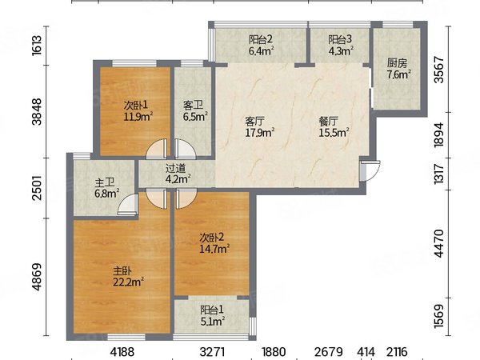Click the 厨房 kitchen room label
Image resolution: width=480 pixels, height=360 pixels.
[x=397, y=63]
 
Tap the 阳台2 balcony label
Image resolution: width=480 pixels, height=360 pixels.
[x=261, y=39]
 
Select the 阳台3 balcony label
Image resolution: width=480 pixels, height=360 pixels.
[x=340, y=39]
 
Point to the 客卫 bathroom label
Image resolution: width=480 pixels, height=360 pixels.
[x=193, y=106]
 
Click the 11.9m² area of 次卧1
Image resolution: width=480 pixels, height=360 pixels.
[x=138, y=117]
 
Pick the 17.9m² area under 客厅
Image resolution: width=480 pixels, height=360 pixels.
[x=260, y=133]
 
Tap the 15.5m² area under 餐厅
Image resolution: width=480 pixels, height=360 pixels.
[x=334, y=133]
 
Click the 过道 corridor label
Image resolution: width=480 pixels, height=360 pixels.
[x=176, y=168]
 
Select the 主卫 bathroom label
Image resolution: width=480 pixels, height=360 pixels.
[x=104, y=182]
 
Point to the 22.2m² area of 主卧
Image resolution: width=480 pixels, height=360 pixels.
[x=129, y=282]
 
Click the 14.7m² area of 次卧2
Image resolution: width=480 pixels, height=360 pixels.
[x=214, y=249]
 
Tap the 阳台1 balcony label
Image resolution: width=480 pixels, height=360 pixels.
[x=212, y=310]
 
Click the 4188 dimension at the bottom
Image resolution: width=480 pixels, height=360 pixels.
[x=122, y=352]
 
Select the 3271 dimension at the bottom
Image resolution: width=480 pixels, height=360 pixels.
[x=213, y=352]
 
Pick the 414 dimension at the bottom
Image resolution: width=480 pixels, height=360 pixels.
[x=366, y=352]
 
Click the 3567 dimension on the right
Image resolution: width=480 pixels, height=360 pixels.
[x=438, y=70]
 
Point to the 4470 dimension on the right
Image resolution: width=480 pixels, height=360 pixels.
[x=438, y=243]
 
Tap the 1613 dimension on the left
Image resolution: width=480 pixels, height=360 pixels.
[x=37, y=46]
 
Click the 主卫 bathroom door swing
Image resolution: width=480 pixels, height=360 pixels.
[x=127, y=203]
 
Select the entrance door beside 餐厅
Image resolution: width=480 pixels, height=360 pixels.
[x=370, y=171]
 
